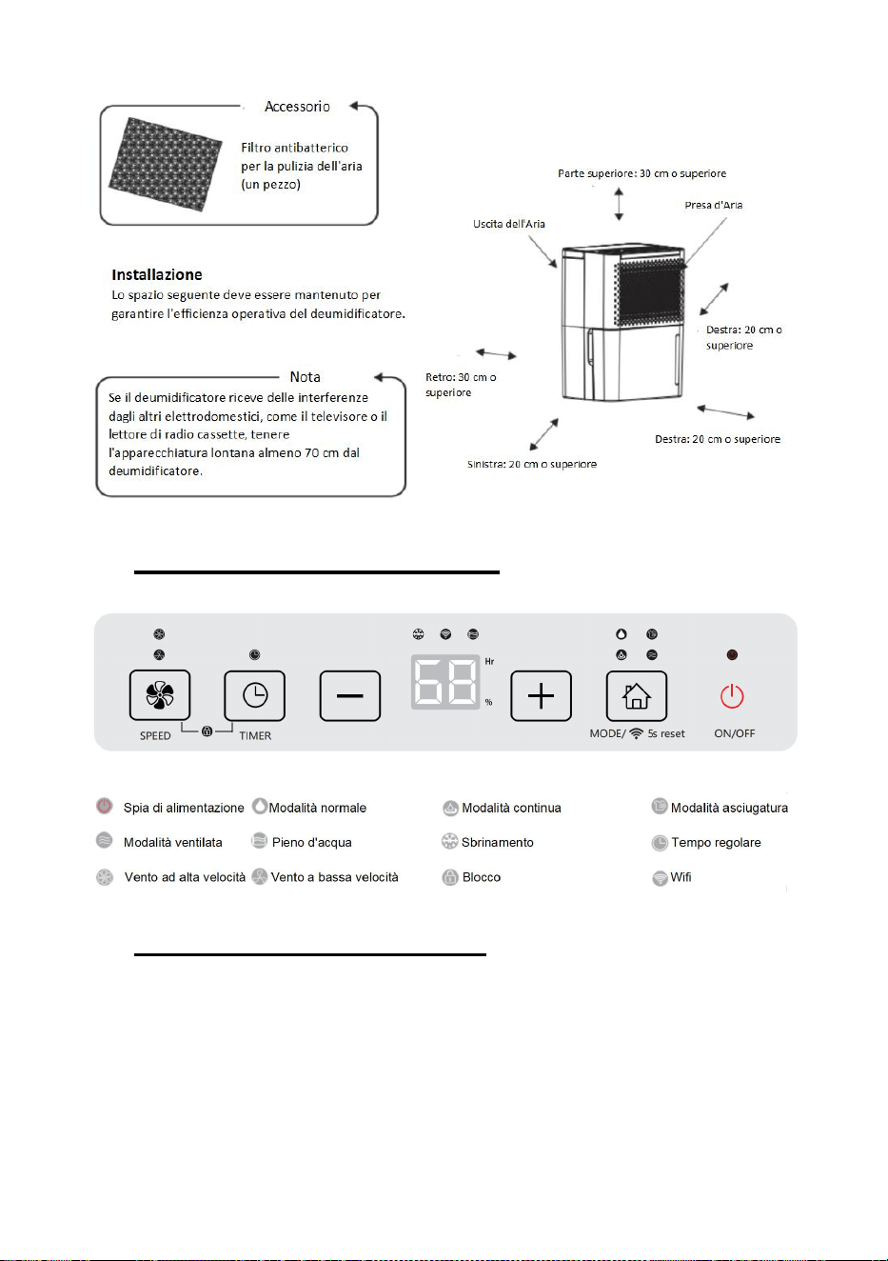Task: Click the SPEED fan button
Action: (x=160, y=695)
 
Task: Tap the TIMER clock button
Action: (x=255, y=695)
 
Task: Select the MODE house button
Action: (x=637, y=696)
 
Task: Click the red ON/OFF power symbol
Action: (x=732, y=696)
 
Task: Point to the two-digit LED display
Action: (x=445, y=682)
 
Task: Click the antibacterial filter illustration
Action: (x=165, y=165)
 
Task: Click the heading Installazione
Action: (x=157, y=274)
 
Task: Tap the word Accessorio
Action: (x=297, y=107)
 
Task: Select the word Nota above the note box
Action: (x=305, y=376)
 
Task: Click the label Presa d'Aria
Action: (x=714, y=205)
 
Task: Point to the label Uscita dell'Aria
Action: (x=508, y=224)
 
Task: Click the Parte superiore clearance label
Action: (x=642, y=173)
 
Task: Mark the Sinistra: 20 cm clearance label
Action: (x=532, y=464)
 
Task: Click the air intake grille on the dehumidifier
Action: (x=650, y=292)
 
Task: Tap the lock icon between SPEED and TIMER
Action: (x=207, y=731)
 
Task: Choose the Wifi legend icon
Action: (x=660, y=877)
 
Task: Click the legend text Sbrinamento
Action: (x=498, y=842)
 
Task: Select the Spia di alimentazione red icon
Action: (x=104, y=806)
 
